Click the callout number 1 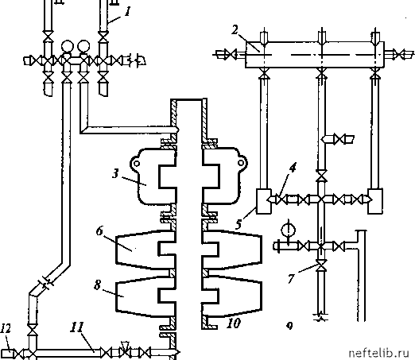pos(128,11)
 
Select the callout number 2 pos(235,30)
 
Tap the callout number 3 pos(115,174)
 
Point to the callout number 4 pos(293,168)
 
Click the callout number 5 pos(239,224)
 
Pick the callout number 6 pos(99,230)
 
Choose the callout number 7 pos(291,279)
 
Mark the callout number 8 pos(98,285)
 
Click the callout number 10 pos(234,323)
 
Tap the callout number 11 pos(77,327)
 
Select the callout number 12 pos(6,328)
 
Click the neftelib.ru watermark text pos(379,353)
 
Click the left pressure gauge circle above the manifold pos(68,46)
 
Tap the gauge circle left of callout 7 pos(289,230)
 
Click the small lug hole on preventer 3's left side pos(136,163)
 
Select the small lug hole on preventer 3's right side pos(241,162)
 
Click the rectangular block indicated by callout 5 pos(264,201)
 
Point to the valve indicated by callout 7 pos(321,265)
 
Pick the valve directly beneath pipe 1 pos(103,37)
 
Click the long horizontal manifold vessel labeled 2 pos(315,55)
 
